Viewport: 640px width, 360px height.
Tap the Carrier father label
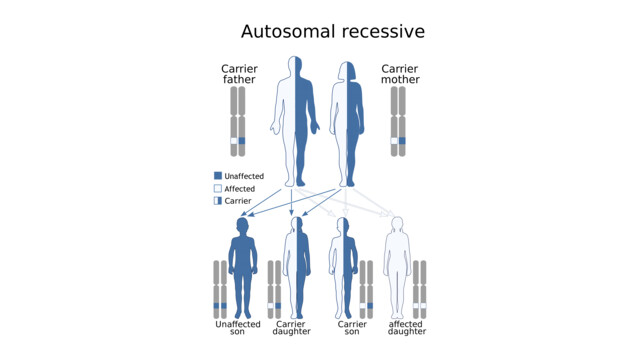click(x=239, y=73)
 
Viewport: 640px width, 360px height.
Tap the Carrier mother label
click(x=400, y=73)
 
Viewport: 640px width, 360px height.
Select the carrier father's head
click(x=297, y=67)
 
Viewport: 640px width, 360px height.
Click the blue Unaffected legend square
click(x=217, y=176)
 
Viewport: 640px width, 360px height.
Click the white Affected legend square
click(x=217, y=188)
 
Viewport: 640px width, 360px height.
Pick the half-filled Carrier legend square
click(x=217, y=201)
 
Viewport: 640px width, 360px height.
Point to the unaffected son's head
click(x=243, y=226)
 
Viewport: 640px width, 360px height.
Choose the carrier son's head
click(x=343, y=225)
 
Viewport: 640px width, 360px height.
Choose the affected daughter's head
click(x=396, y=225)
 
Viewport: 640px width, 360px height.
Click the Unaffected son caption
click(x=238, y=328)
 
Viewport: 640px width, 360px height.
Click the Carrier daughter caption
click(x=291, y=328)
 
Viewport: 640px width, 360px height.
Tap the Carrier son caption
click(x=353, y=328)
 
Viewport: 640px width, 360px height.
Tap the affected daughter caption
click(x=406, y=328)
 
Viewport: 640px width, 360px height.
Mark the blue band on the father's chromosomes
click(x=242, y=141)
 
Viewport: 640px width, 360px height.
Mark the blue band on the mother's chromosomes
click(x=402, y=141)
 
